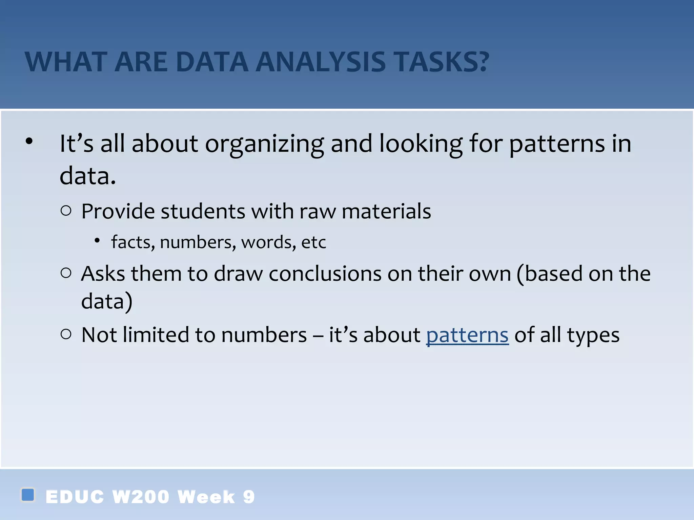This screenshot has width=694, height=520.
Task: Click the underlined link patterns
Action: pyautogui.click(x=467, y=335)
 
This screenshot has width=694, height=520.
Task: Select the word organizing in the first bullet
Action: pyautogui.click(x=264, y=144)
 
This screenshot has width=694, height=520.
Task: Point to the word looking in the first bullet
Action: pyautogui.click(x=421, y=144)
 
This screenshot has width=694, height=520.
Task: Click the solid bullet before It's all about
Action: pyautogui.click(x=29, y=141)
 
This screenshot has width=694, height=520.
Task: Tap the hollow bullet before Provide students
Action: pyautogui.click(x=66, y=211)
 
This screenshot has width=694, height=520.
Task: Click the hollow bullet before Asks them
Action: pyautogui.click(x=66, y=273)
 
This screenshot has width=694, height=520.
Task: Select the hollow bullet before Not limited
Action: pyautogui.click(x=66, y=334)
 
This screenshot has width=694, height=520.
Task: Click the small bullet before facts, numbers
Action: pyautogui.click(x=97, y=241)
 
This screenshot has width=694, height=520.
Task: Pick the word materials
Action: pyautogui.click(x=386, y=212)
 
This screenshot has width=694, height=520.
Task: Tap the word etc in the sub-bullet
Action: pyautogui.click(x=313, y=242)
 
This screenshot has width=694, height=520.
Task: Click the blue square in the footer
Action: pyautogui.click(x=28, y=495)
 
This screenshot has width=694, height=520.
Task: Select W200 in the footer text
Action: pyautogui.click(x=141, y=497)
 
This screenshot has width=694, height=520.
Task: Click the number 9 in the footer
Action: pyautogui.click(x=249, y=497)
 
